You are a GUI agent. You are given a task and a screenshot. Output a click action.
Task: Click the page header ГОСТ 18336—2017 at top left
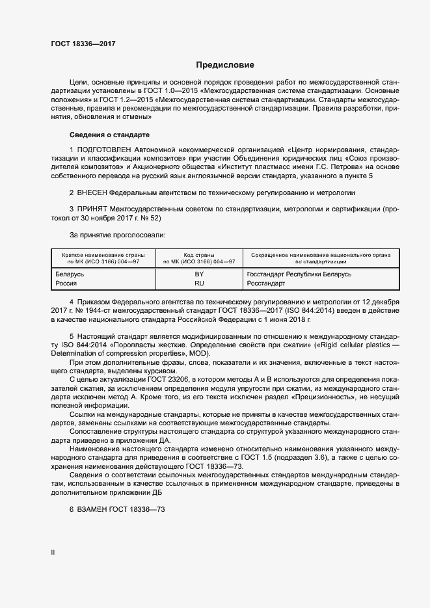83,44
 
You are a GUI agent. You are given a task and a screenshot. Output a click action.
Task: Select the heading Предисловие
225,65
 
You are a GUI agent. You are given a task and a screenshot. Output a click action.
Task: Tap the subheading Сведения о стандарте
109,135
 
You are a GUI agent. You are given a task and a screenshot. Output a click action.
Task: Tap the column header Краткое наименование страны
103,256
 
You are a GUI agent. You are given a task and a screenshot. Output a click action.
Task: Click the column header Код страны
199,256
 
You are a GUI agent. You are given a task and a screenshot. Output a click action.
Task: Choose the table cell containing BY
199,274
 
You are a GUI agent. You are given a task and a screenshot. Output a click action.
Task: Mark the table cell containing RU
199,284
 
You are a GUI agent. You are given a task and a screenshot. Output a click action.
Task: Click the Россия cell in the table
66,284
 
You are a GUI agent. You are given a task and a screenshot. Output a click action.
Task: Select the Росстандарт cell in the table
266,284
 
